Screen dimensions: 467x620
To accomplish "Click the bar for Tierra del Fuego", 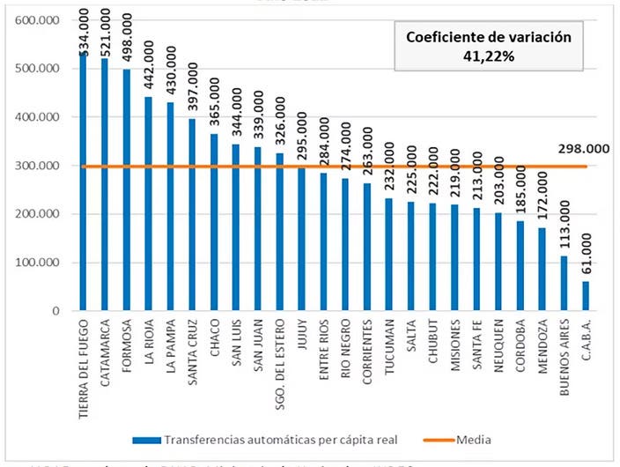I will pos(84,185).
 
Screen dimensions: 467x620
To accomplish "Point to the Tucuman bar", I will pos(389,255).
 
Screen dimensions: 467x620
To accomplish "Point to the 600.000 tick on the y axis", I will pos(37,20).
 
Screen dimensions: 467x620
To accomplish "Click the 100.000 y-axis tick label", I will pos(37,263).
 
